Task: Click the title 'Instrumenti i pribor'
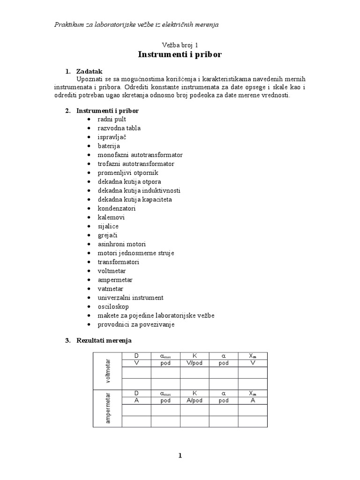click(180, 55)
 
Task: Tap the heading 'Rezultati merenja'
click(104, 340)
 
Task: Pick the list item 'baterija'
click(109, 146)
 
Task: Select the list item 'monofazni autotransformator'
click(140, 155)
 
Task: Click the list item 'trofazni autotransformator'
click(136, 164)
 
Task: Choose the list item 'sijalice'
click(108, 226)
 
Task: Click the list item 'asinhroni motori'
click(122, 244)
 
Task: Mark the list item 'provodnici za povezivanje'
click(136, 324)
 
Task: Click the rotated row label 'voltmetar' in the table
click(108, 371)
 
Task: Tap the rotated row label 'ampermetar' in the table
click(108, 408)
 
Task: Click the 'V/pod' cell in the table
click(195, 363)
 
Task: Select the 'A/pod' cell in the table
click(195, 400)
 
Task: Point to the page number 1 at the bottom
click(180, 456)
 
